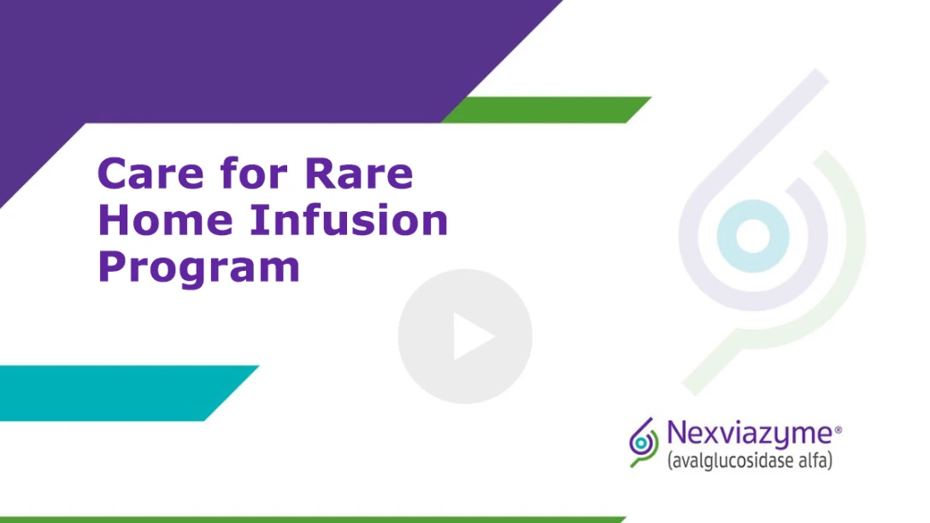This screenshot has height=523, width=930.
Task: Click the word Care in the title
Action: [x=150, y=173]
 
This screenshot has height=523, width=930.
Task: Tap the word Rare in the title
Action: [x=359, y=173]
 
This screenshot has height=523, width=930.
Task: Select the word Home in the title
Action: [x=166, y=220]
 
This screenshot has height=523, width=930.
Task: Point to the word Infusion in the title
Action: [x=349, y=220]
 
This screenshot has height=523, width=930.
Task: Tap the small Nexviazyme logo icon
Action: [x=644, y=443]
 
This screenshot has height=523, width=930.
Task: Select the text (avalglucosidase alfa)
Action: [x=750, y=461]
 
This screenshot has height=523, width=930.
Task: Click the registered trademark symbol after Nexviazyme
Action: [x=838, y=429]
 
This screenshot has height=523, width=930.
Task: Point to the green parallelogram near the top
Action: [x=545, y=109]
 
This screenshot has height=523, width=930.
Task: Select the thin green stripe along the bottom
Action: [x=313, y=520]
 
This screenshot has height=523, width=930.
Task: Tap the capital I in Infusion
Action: [x=257, y=220]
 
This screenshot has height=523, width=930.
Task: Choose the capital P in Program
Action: [x=112, y=267]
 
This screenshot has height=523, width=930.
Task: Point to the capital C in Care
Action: [x=113, y=173]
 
